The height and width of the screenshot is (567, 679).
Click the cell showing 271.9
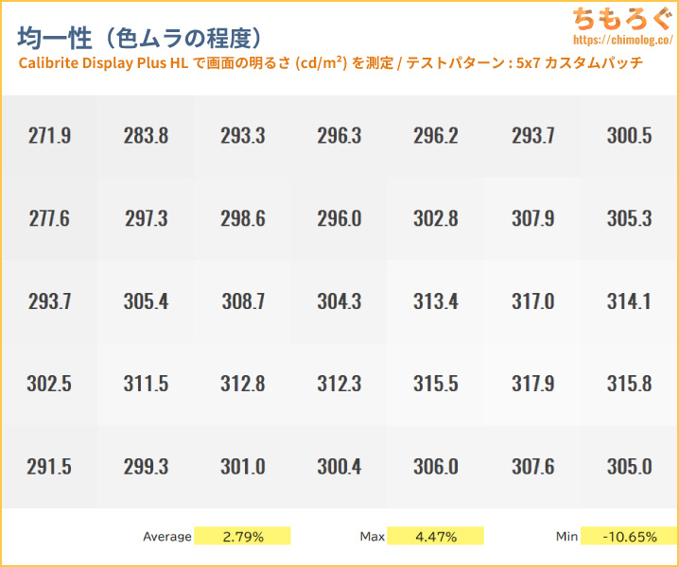click(49, 135)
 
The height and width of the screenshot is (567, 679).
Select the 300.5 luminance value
click(629, 135)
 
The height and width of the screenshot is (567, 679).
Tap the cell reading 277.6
click(49, 218)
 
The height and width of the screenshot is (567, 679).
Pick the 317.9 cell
click(532, 384)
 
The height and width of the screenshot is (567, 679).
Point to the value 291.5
click(49, 466)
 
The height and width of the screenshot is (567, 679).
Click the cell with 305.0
click(629, 466)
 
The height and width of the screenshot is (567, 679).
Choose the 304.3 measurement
click(339, 301)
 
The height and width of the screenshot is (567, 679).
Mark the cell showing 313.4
click(436, 301)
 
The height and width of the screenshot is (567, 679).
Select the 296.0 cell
click(339, 218)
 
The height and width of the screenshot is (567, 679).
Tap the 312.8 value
click(242, 384)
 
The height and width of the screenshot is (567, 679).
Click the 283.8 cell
click(146, 135)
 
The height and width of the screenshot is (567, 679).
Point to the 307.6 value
click(532, 466)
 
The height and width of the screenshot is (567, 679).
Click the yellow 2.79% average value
click(243, 537)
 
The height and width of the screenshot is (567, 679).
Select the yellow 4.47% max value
click(436, 537)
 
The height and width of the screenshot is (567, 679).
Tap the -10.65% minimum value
click(629, 537)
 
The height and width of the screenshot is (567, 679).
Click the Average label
click(167, 537)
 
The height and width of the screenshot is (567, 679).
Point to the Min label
click(566, 537)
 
